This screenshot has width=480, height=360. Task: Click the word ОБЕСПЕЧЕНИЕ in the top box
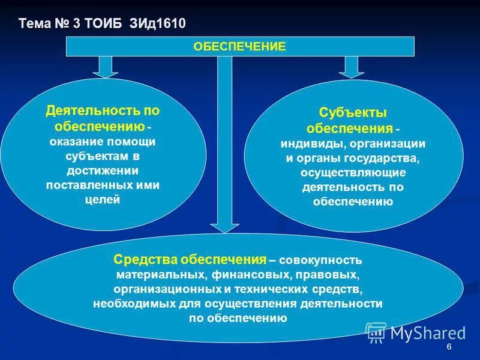[239, 46]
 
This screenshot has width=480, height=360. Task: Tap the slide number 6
[449, 349]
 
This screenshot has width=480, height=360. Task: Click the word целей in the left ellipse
[103, 200]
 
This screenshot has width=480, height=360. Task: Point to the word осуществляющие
[353, 173]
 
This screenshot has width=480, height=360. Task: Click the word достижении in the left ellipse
[103, 170]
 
